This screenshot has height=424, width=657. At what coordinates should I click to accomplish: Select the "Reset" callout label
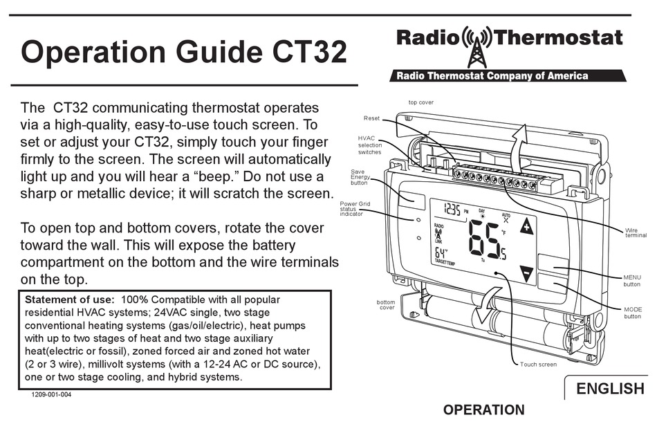[x=371, y=118]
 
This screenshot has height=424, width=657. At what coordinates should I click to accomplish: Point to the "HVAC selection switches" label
[x=369, y=145]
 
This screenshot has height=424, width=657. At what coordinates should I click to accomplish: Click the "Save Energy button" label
[x=359, y=177]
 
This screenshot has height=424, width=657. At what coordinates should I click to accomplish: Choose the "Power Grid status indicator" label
[x=355, y=209]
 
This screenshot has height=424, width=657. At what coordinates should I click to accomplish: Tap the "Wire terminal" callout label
[x=636, y=232]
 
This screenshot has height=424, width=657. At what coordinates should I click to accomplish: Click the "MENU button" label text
[x=632, y=280]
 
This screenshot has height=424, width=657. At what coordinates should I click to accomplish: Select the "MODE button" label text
[x=632, y=313]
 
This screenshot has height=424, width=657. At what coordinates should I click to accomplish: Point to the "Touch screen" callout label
[x=538, y=365]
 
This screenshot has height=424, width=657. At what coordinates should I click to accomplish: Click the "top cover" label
[x=420, y=102]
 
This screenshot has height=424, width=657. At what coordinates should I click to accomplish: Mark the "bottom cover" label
[x=385, y=305]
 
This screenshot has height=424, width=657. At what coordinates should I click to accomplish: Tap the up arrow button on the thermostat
[x=527, y=227]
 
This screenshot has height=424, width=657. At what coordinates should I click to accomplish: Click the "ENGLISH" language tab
[x=610, y=389]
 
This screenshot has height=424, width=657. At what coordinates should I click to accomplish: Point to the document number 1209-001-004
[x=50, y=395]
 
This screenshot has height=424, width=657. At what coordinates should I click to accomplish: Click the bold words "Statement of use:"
[x=69, y=300]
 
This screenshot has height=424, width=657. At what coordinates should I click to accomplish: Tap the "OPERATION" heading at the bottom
[x=483, y=410]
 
